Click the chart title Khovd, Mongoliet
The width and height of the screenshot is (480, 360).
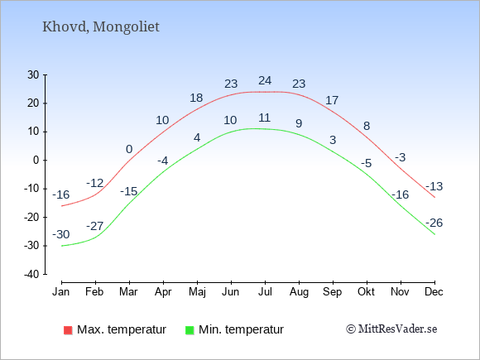[x=101, y=27]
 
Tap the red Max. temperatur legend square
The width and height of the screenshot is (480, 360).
[x=68, y=330]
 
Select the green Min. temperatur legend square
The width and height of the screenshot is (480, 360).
[x=190, y=330]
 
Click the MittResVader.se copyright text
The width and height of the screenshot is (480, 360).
[x=391, y=329]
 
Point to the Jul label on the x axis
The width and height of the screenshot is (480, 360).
[x=265, y=292]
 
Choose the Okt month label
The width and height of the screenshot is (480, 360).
[x=366, y=292]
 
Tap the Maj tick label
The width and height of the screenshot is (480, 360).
[x=197, y=292]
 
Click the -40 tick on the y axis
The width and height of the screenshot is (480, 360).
[x=31, y=274]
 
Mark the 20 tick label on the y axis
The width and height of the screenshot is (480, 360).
[x=33, y=103]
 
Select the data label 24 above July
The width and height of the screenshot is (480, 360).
[x=265, y=80]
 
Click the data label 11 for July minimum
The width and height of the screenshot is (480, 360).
[x=264, y=118]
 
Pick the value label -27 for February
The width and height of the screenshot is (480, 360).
[x=95, y=226]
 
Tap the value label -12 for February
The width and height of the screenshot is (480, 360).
[x=95, y=183]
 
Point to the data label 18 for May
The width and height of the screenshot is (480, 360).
[x=196, y=98]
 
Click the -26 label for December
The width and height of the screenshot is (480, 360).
[x=434, y=223]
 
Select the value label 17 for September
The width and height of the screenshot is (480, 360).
[x=332, y=100]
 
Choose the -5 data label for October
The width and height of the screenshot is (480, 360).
[x=366, y=163]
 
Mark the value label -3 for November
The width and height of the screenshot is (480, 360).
[x=400, y=157]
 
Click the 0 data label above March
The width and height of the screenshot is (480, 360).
[x=129, y=149]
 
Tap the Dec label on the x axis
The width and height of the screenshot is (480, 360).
[x=434, y=292]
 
